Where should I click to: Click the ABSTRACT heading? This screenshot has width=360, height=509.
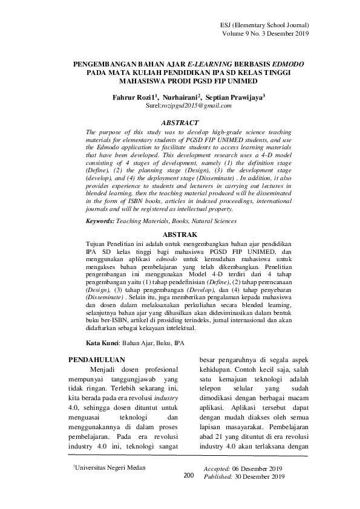click(180, 122)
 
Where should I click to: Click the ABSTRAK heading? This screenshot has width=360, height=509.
click(180, 233)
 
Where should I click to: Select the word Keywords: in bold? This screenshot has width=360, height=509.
click(100, 222)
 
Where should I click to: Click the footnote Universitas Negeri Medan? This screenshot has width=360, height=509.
click(110, 467)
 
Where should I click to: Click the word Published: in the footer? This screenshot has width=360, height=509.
click(219, 476)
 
